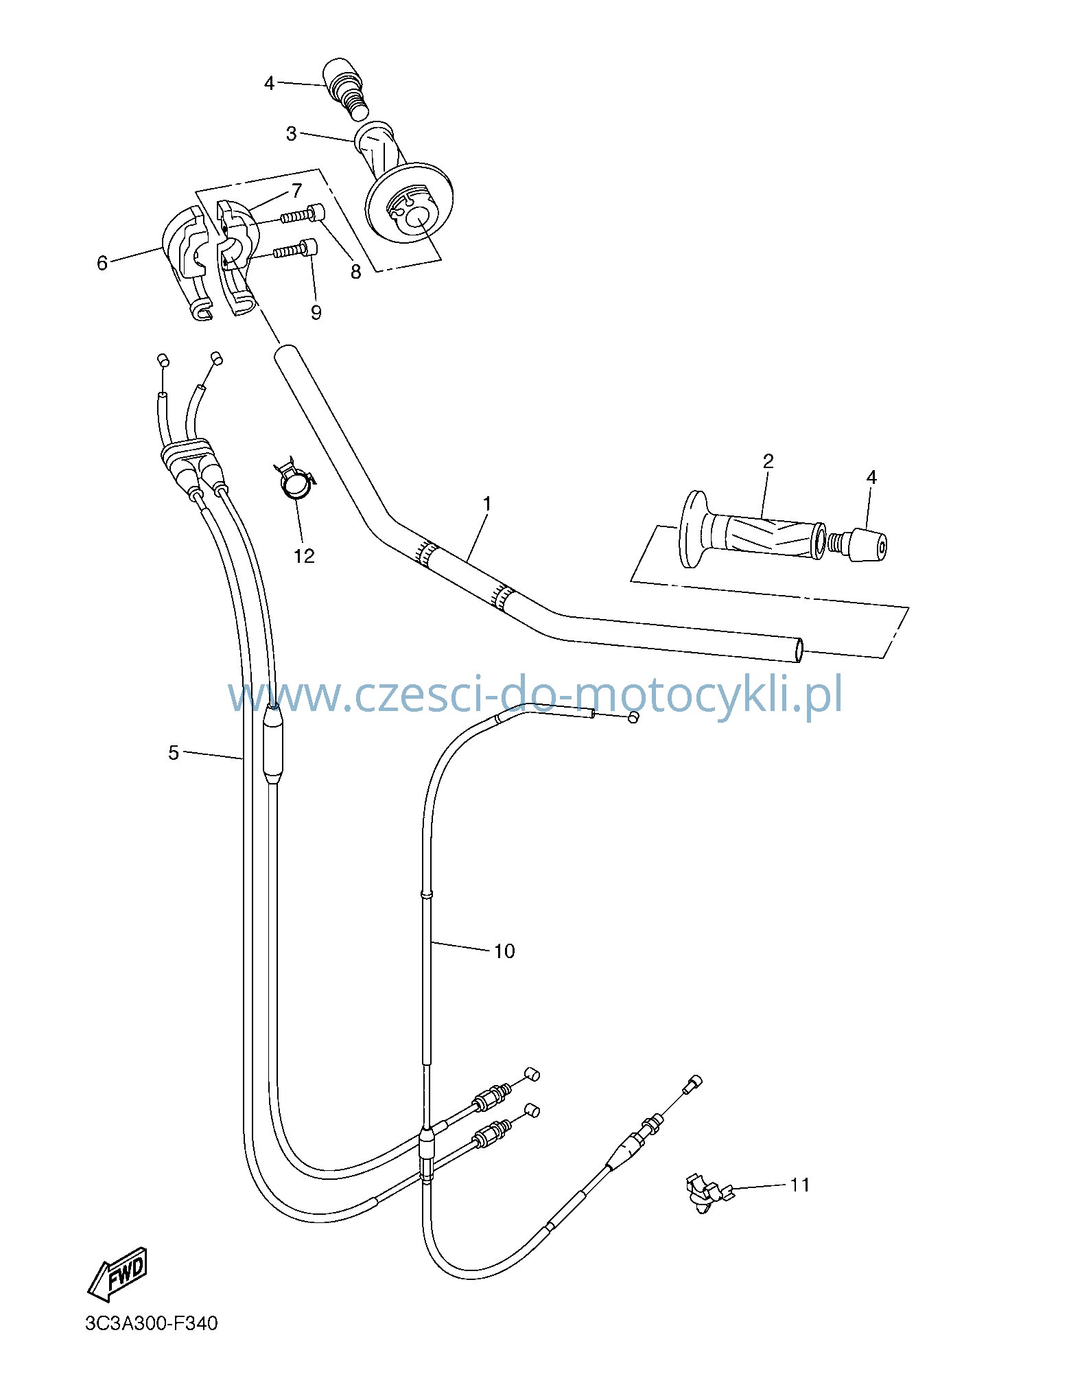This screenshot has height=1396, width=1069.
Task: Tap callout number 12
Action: [x=304, y=556]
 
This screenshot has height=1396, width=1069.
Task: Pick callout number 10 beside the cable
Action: [x=504, y=951]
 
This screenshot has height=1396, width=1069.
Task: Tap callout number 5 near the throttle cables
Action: [x=173, y=753]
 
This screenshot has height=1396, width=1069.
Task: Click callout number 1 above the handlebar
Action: [x=486, y=504]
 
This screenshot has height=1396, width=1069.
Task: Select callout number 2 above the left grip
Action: [x=768, y=461]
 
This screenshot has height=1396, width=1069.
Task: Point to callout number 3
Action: [x=291, y=134]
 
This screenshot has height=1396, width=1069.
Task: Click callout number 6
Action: [x=102, y=263]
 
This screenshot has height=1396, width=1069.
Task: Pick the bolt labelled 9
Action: [x=296, y=250]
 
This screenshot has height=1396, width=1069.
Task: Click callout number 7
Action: [x=296, y=190]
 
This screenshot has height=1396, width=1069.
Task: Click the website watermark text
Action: [x=535, y=695]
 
